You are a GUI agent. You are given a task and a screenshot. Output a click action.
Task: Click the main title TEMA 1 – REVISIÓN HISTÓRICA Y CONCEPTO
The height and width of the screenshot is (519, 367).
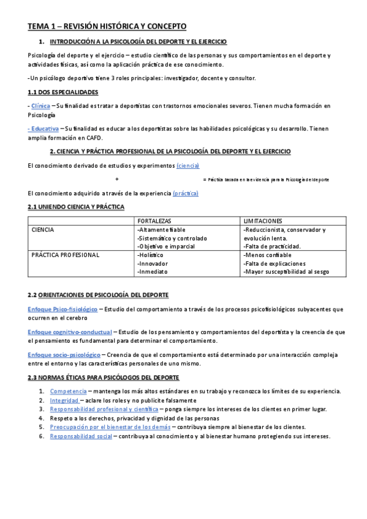click(107, 26)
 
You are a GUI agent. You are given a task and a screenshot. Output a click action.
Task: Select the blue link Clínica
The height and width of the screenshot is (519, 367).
click(40, 105)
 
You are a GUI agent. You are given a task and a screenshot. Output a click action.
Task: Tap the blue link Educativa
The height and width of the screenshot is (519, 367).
click(44, 129)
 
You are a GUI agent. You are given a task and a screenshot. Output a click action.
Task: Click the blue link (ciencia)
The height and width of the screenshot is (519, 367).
click(187, 166)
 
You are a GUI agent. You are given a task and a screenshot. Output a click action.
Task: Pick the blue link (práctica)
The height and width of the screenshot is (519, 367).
click(186, 193)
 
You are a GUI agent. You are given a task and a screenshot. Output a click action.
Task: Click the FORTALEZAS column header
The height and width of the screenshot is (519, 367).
click(154, 220)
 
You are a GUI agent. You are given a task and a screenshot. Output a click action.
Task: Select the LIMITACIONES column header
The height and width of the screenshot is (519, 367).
click(263, 220)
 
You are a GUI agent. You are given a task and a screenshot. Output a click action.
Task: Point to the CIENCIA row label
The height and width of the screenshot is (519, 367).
click(43, 230)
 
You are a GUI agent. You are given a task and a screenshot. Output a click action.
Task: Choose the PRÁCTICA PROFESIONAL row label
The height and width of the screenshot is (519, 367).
click(65, 255)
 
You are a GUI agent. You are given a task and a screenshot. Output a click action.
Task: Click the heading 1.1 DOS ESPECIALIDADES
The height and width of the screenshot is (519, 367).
click(63, 92)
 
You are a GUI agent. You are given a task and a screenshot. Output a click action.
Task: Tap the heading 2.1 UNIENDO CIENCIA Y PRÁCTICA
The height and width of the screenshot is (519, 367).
click(76, 207)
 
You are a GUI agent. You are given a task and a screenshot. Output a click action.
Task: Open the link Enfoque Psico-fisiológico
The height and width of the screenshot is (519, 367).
click(62, 310)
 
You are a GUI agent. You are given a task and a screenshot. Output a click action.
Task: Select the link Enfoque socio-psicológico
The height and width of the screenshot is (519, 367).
click(64, 354)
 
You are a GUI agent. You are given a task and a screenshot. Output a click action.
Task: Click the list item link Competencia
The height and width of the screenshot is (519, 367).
click(68, 390)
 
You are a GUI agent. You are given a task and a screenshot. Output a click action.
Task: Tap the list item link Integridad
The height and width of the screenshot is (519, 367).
click(64, 400)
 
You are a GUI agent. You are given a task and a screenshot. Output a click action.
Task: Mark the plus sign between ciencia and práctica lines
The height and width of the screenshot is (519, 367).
click(116, 179)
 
